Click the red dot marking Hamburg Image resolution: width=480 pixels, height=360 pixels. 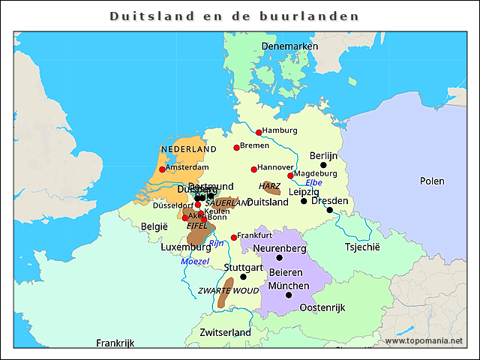click(259, 132)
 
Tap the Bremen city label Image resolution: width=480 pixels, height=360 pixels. click(254, 145)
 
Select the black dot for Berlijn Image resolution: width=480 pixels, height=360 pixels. click(323, 165)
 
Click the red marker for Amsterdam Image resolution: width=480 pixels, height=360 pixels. click(162, 169)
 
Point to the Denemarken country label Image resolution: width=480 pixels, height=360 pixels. click(290, 46)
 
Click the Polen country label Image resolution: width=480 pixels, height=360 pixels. click(431, 181)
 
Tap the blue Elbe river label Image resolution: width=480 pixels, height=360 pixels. click(313, 182)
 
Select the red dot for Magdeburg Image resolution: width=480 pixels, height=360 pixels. click(290, 175)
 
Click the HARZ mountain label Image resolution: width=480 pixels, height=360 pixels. click(269, 185)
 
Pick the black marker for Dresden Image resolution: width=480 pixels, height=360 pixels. click(329, 210)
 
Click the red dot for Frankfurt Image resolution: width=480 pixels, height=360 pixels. click(234, 238)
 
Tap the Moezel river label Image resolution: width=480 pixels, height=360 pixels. click(195, 261)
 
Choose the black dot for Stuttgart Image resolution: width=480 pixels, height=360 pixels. click(243, 277)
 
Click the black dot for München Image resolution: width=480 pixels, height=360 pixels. click(289, 295)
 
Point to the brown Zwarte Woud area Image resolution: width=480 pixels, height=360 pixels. click(223, 296)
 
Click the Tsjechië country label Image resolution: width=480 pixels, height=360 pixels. click(362, 247)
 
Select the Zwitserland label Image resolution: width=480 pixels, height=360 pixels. click(225, 332)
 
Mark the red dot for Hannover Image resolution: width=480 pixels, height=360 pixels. click(253, 169)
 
